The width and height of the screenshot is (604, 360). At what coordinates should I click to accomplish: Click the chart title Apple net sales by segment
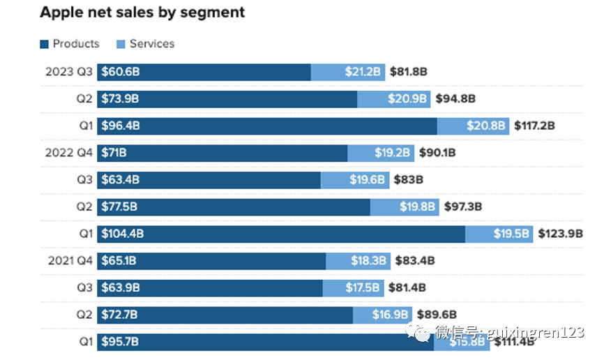(x=142, y=13)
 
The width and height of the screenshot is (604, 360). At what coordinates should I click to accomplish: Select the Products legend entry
(x=70, y=43)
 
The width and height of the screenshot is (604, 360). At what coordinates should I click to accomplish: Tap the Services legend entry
(x=145, y=43)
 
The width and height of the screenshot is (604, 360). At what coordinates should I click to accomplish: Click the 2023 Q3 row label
(x=68, y=72)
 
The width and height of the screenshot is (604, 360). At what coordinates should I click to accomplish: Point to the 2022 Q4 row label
(x=68, y=153)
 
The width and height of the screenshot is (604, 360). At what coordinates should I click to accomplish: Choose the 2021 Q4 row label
(x=70, y=261)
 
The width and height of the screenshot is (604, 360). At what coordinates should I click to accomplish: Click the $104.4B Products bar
(x=281, y=234)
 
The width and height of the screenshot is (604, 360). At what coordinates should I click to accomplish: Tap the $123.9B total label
(x=560, y=234)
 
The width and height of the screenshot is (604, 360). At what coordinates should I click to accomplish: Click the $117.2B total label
(x=534, y=126)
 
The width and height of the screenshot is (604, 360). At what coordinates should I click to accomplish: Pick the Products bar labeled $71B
(x=222, y=153)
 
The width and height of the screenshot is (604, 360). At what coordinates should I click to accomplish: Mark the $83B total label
(x=408, y=180)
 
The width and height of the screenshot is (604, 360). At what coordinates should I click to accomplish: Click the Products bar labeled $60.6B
(x=204, y=72)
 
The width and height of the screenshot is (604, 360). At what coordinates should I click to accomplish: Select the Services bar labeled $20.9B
(x=394, y=99)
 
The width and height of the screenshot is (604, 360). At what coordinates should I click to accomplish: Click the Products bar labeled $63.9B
(x=210, y=287)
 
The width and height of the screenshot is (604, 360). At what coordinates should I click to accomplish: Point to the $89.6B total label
(x=437, y=315)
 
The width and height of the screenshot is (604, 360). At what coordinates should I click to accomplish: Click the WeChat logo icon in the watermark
(x=421, y=333)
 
